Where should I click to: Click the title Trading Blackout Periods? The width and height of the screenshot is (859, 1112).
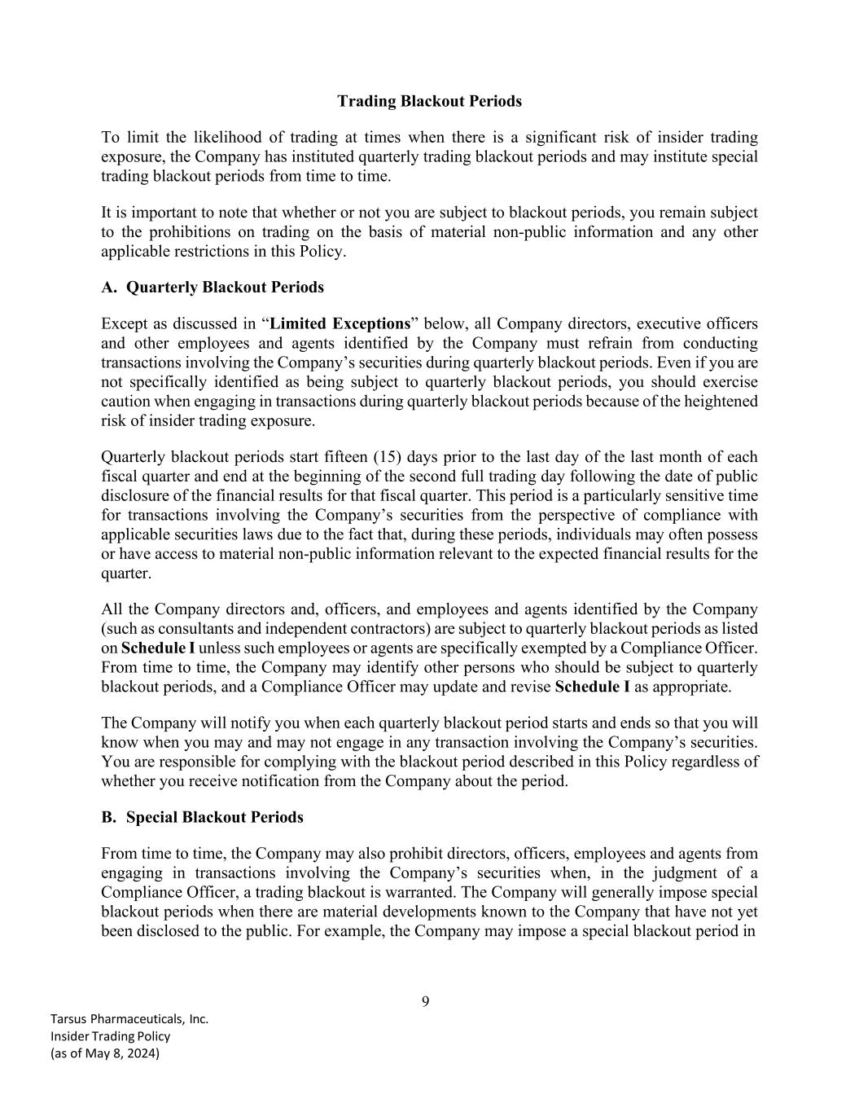429,101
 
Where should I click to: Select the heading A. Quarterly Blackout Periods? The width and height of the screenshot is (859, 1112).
212,288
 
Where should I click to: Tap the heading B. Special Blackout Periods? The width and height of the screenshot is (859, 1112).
202,817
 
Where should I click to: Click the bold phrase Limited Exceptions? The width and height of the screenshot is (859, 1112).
340,323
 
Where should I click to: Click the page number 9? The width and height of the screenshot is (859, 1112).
426,1001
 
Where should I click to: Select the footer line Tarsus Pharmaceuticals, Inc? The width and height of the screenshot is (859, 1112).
129,1018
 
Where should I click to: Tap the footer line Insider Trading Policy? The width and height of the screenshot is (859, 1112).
110,1036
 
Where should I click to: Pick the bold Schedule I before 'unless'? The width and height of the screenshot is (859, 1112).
158,648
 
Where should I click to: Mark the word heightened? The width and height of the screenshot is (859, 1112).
721,402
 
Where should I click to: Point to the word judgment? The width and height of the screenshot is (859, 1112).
671,873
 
